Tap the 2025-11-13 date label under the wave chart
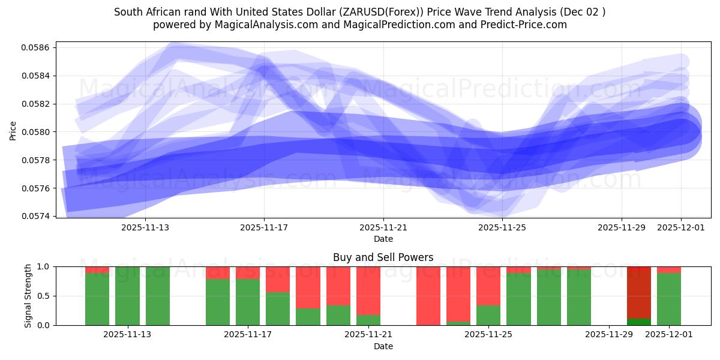tap(146, 228)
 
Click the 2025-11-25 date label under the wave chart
tap(502, 228)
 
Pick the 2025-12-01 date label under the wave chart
tap(681, 228)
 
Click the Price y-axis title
tap(13, 130)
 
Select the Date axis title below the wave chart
tap(383, 239)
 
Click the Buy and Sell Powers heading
tap(383, 257)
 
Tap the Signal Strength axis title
tap(28, 296)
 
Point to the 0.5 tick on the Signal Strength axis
tap(44, 296)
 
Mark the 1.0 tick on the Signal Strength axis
tap(44, 266)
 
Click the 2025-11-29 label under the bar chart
tap(609, 335)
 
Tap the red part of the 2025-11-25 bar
tap(488, 286)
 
